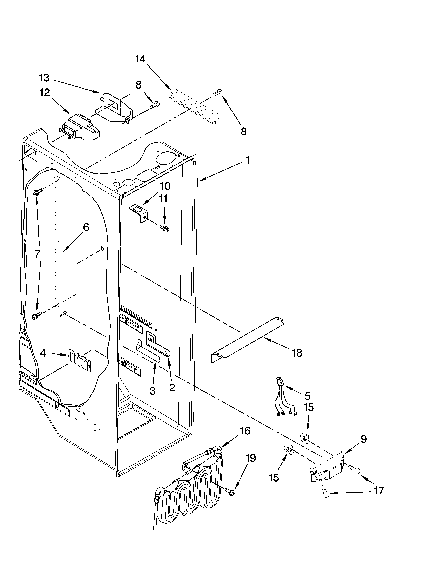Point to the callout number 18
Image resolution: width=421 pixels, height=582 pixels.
pos(297,353)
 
